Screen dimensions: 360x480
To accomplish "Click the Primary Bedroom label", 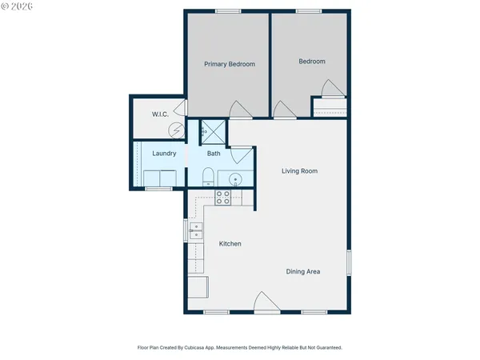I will [x=229, y=64].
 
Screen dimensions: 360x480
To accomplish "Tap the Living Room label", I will [x=299, y=170].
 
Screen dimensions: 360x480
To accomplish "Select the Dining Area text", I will [x=303, y=271].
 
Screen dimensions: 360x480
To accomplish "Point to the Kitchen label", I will [x=230, y=243].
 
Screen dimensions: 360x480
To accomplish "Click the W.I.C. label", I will [x=160, y=114].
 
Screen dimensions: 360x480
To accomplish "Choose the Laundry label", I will [x=164, y=154].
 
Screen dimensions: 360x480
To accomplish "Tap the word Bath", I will [x=214, y=154].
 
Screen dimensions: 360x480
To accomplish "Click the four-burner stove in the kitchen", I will [x=223, y=197].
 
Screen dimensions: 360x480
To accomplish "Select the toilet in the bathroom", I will [x=207, y=177].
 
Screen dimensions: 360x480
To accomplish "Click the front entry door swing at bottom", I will [x=265, y=302].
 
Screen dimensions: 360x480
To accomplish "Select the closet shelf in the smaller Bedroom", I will [x=329, y=107].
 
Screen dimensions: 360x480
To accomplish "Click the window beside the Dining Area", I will [x=349, y=262].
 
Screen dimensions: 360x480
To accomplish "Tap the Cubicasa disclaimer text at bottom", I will [x=240, y=348].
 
